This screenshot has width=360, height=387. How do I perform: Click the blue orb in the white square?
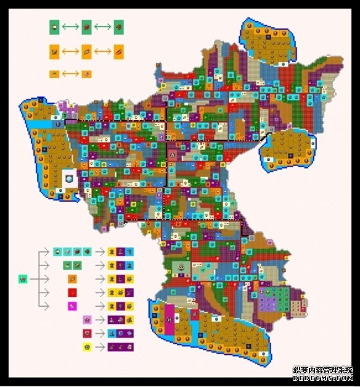[x=68, y=178]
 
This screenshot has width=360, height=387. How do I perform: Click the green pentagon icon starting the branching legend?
[x=23, y=279]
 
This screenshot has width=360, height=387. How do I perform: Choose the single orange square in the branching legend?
[x=72, y=278]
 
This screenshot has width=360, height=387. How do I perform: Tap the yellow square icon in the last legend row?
[x=87, y=347]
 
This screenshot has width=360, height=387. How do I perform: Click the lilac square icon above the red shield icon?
[x=87, y=320]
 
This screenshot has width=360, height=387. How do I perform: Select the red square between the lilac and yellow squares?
[x=87, y=333]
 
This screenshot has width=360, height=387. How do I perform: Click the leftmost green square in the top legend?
[x=55, y=27]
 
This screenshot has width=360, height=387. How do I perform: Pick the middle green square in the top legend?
[x=87, y=27]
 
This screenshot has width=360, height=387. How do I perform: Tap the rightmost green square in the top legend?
[x=118, y=27]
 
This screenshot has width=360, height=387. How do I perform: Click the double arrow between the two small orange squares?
[x=70, y=74]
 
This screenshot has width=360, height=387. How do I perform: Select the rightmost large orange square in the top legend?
[x=118, y=52]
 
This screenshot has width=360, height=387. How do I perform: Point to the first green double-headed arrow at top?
[x=71, y=27]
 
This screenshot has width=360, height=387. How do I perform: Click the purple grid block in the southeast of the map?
[x=269, y=301]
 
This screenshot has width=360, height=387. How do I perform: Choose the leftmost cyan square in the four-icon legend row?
[x=57, y=251]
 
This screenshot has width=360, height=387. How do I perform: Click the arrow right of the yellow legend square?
[x=100, y=347]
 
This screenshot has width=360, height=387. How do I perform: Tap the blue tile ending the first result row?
[x=131, y=251]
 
